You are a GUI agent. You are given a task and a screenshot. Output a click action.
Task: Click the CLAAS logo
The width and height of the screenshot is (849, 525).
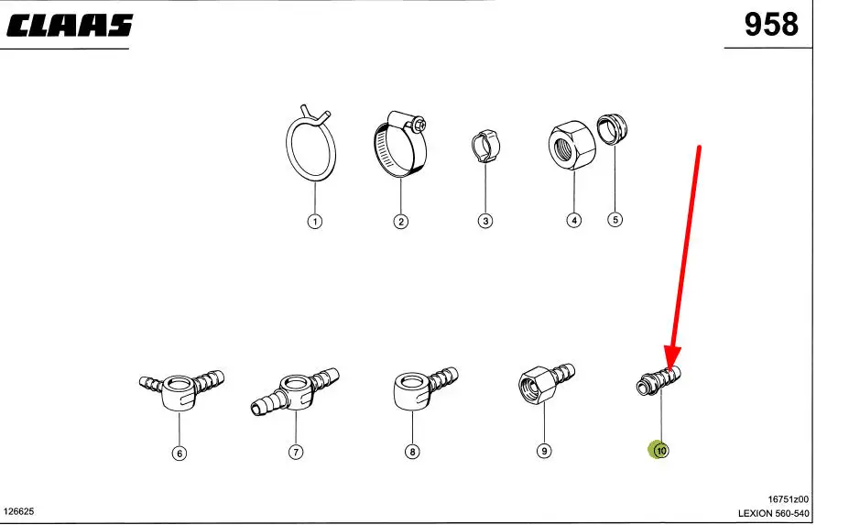click(x=70, y=26)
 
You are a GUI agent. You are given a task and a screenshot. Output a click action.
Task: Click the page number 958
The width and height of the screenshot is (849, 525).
click(x=771, y=25)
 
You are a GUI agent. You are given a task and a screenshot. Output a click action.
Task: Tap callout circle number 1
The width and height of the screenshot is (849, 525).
click(x=314, y=222)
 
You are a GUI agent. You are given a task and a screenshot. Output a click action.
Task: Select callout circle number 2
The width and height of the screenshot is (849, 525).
click(x=400, y=222)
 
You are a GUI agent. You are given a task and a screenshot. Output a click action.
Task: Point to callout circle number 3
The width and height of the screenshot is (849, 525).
click(x=485, y=221)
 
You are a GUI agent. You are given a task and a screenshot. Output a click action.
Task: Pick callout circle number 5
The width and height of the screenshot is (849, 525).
click(x=615, y=219)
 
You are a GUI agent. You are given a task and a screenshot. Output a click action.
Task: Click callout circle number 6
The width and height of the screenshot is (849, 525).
click(x=180, y=453)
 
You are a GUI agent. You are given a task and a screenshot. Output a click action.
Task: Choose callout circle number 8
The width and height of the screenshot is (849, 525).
click(x=412, y=452)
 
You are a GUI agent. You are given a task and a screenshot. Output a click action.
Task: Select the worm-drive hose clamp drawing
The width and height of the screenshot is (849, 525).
click(x=400, y=143)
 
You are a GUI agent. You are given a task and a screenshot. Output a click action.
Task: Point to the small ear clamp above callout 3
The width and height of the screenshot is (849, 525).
click(x=485, y=146)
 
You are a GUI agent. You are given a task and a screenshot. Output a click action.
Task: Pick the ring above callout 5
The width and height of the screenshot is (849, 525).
click(x=613, y=129)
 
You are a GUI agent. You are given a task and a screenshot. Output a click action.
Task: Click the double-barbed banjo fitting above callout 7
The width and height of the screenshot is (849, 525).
click(x=296, y=391)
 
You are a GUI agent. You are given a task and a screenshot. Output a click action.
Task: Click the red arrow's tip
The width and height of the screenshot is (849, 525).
click(x=671, y=369)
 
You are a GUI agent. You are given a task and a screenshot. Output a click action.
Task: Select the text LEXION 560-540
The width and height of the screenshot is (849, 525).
click(x=773, y=514)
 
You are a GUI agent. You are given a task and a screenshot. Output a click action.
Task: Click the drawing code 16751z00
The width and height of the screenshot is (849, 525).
click(x=789, y=499)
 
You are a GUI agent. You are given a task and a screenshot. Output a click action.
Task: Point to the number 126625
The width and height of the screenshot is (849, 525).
click(x=19, y=511)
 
